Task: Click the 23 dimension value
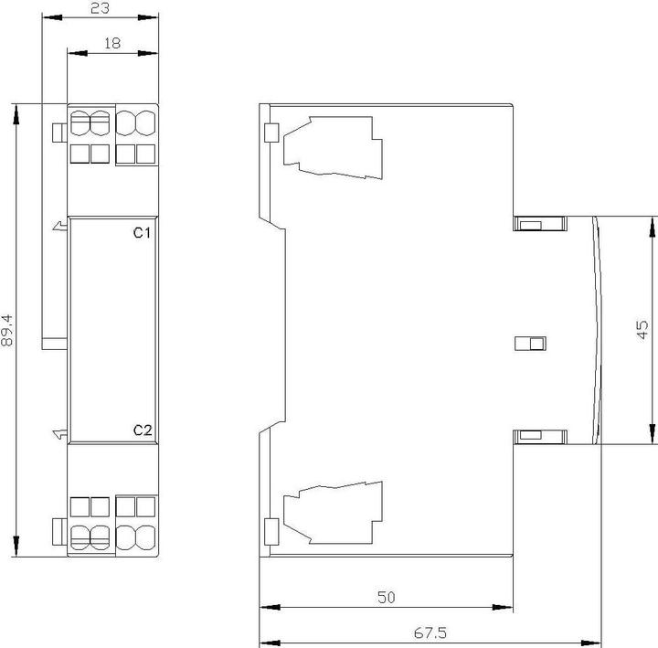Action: pyautogui.click(x=100, y=8)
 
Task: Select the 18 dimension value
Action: pyautogui.click(x=112, y=43)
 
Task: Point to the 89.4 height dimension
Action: pyautogui.click(x=7, y=330)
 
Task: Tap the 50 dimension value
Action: pyautogui.click(x=386, y=597)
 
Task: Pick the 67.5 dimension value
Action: pyautogui.click(x=430, y=632)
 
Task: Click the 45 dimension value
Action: pyautogui.click(x=642, y=329)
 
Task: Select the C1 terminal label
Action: pyautogui.click(x=142, y=232)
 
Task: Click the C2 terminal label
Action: pyautogui.click(x=143, y=430)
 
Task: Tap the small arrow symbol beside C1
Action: pyautogui.click(x=60, y=226)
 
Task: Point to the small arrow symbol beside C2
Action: pyautogui.click(x=60, y=434)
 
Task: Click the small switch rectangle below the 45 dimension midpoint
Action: pyautogui.click(x=530, y=344)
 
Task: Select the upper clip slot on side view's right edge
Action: pyautogui.click(x=540, y=223)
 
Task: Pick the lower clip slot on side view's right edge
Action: pyautogui.click(x=540, y=437)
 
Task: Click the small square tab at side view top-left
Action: pyautogui.click(x=271, y=133)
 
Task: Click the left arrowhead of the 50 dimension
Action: pyautogui.click(x=270, y=607)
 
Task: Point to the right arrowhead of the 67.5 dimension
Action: pyautogui.click(x=591, y=643)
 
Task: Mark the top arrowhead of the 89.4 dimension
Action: pyautogui.click(x=16, y=114)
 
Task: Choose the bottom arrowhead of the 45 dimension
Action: pyautogui.click(x=653, y=433)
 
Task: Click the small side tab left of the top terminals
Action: pyautogui.click(x=59, y=133)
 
